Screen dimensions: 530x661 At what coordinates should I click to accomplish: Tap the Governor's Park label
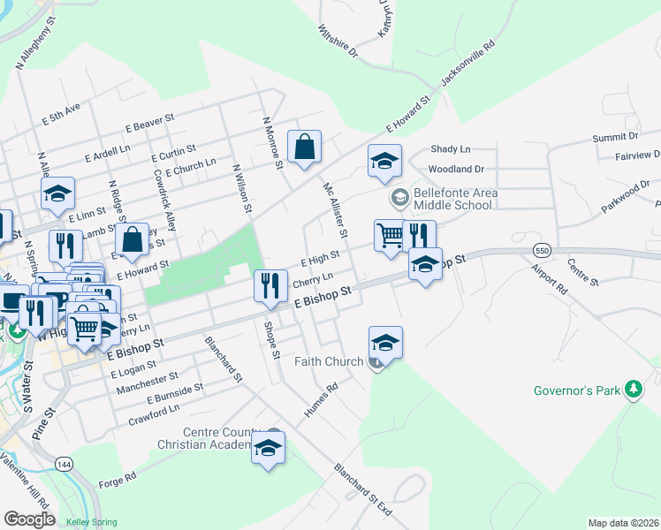[x=577, y=390]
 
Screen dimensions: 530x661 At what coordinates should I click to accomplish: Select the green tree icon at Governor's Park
[x=633, y=389]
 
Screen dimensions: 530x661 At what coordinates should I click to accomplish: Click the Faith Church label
[x=329, y=361]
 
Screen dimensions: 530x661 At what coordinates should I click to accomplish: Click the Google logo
[x=29, y=519]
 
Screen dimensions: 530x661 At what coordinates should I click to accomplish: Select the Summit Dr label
[x=615, y=138]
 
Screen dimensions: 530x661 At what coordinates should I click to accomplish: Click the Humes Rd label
[x=320, y=400]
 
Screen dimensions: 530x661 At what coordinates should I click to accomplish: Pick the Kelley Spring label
[x=91, y=522]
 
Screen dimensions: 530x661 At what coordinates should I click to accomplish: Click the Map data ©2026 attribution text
[x=622, y=523]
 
